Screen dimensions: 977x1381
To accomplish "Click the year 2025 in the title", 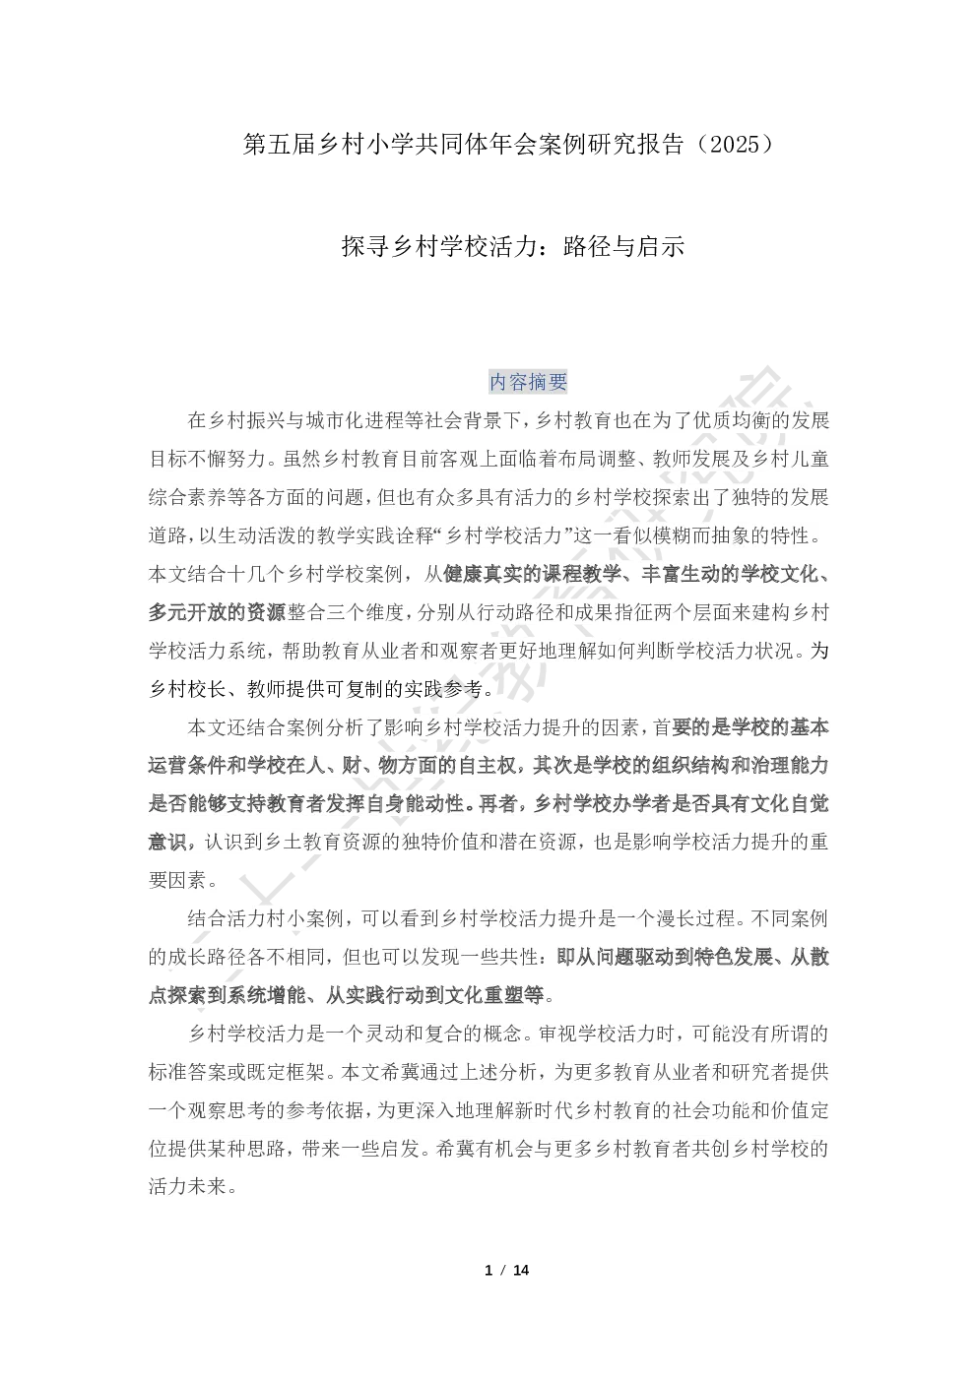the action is click(x=736, y=145).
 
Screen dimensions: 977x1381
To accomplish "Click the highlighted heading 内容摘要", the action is click(x=528, y=382).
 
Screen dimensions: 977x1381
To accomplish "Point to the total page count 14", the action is click(x=521, y=1270).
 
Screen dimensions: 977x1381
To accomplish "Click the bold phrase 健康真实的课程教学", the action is click(x=532, y=574).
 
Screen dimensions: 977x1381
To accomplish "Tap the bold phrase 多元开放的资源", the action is click(x=217, y=612).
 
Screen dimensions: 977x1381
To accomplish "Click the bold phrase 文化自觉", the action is click(x=789, y=803).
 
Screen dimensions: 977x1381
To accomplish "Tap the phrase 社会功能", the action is click(x=705, y=1109).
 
